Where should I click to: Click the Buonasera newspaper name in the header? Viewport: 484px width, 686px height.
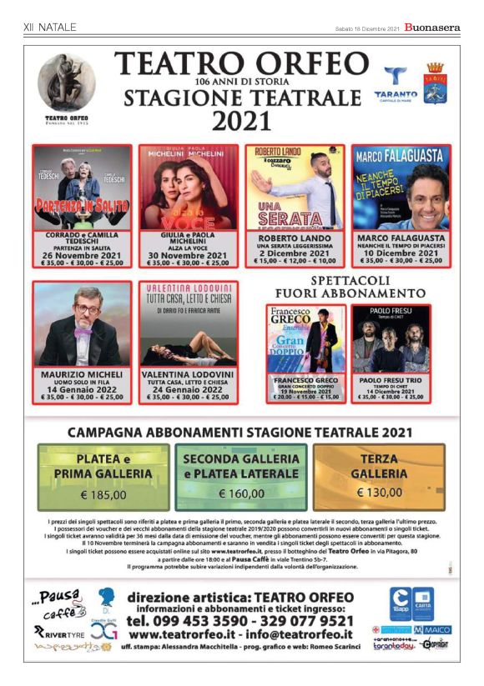click(432, 28)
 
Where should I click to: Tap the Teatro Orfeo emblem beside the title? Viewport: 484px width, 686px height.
click(67, 85)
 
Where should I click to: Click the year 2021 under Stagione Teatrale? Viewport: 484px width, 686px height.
click(241, 122)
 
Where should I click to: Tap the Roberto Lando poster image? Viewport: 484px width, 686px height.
click(295, 188)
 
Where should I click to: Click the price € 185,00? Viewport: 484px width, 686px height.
click(103, 494)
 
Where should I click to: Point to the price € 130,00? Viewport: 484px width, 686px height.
click(379, 492)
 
